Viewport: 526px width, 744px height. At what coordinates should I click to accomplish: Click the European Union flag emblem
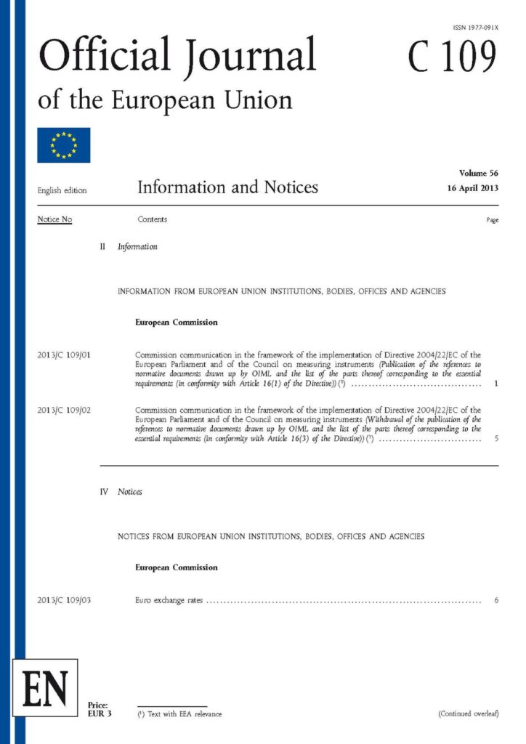64,145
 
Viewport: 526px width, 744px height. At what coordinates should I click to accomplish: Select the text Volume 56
479,173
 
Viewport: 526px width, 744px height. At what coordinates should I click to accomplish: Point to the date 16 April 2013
473,188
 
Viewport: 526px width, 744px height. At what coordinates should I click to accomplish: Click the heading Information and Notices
227,187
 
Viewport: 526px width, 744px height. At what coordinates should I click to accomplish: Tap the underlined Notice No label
54,219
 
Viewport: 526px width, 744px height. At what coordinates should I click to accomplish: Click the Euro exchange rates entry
169,600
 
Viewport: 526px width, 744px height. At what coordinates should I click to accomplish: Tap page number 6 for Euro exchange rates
495,600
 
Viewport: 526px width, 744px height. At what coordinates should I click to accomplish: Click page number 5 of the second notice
495,439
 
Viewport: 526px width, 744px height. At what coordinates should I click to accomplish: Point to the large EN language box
45,687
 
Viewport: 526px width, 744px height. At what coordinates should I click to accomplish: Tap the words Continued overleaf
469,714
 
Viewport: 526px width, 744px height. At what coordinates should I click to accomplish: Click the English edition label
62,191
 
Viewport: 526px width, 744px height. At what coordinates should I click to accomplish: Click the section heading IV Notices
121,492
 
